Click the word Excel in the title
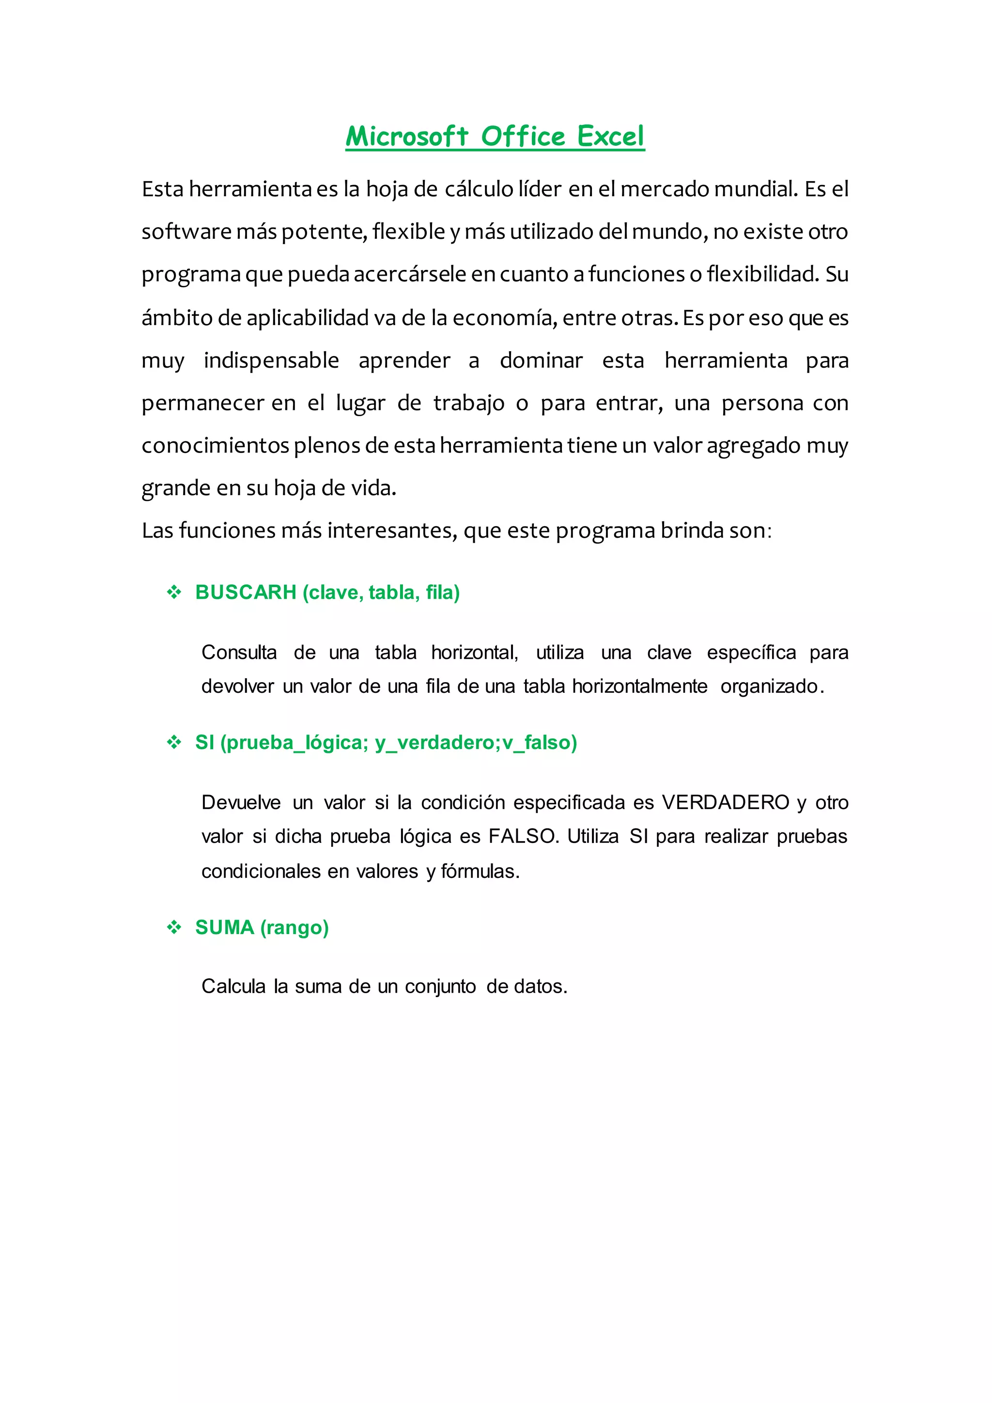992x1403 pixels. [x=610, y=136]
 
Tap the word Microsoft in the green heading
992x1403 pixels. [x=407, y=136]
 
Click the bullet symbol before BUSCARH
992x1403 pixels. [x=174, y=592]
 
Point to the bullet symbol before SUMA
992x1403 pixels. [x=174, y=928]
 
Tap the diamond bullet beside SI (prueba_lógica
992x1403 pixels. [x=174, y=743]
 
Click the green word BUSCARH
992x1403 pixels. [x=246, y=592]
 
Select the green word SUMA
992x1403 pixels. [x=224, y=928]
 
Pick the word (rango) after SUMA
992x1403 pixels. [x=294, y=928]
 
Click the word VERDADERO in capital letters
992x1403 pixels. [x=726, y=802]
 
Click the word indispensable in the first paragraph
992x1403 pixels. [x=271, y=360]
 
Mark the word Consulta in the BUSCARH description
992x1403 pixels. [x=239, y=653]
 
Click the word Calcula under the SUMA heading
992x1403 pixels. [x=233, y=986]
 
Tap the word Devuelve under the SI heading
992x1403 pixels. [x=241, y=802]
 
